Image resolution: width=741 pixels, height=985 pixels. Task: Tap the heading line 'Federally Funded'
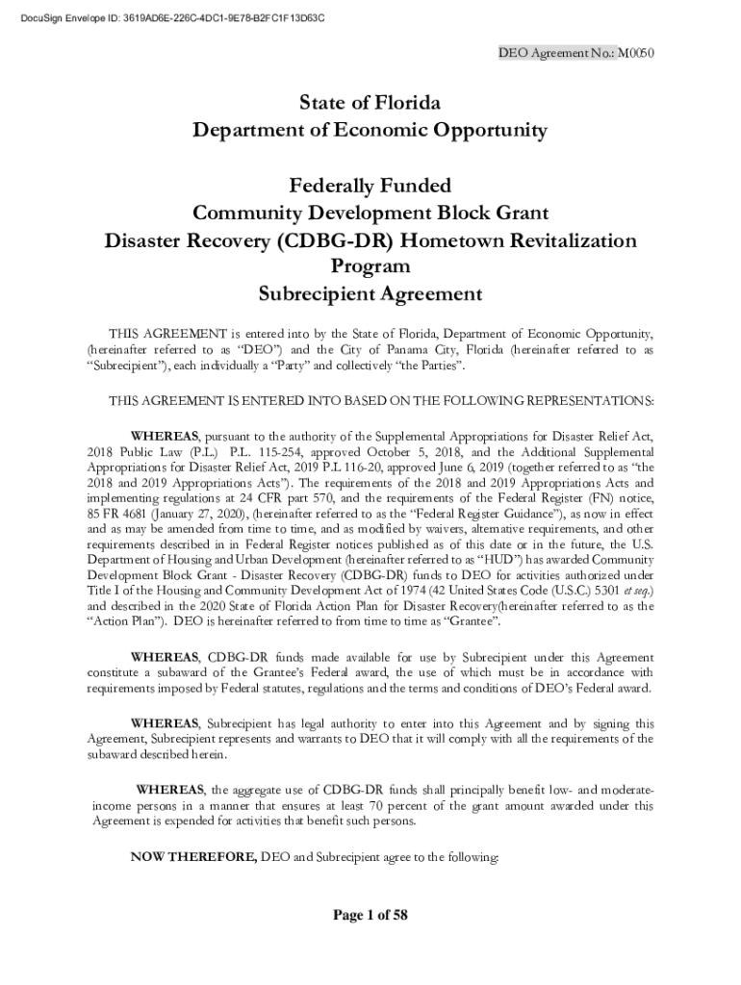370,185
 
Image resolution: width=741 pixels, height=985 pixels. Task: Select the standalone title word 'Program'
370,265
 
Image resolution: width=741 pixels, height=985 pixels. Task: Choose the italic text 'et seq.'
632,590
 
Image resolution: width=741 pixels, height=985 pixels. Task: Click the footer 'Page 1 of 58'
370,916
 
